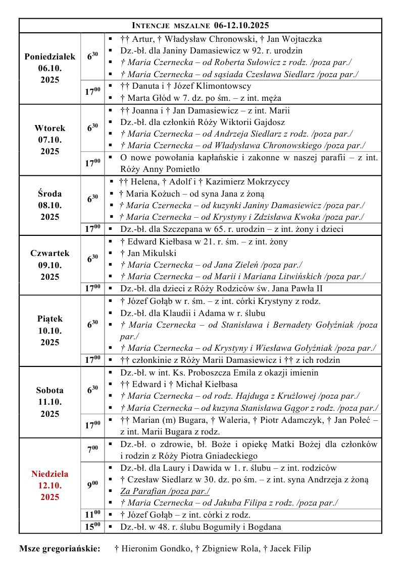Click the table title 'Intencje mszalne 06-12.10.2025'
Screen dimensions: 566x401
201,26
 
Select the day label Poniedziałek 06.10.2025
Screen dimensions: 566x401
49,68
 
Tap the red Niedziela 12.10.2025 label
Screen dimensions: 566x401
49,485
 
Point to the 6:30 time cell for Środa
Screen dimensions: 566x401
92,200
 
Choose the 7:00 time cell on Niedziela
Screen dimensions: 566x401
92,449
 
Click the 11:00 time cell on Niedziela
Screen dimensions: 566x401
92,515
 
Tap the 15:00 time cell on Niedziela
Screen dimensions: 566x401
92,527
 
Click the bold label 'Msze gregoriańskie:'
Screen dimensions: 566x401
60,548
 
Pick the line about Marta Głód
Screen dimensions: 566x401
201,98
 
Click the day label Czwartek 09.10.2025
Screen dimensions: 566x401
49,265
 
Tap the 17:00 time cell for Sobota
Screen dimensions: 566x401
92,425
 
